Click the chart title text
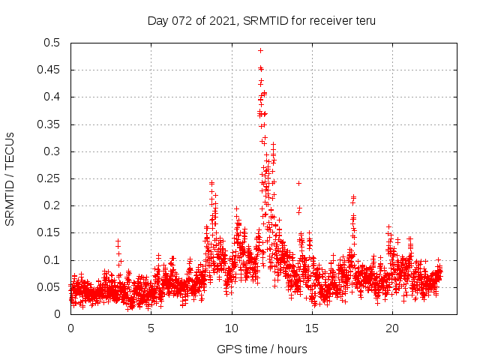(x=262, y=20)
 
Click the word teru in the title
(x=364, y=20)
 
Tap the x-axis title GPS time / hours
(x=262, y=349)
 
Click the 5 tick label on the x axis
(x=151, y=328)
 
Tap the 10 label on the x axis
(x=232, y=328)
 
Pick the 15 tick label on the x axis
(x=312, y=328)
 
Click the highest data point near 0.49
(x=260, y=51)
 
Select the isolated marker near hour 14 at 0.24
(x=298, y=183)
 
